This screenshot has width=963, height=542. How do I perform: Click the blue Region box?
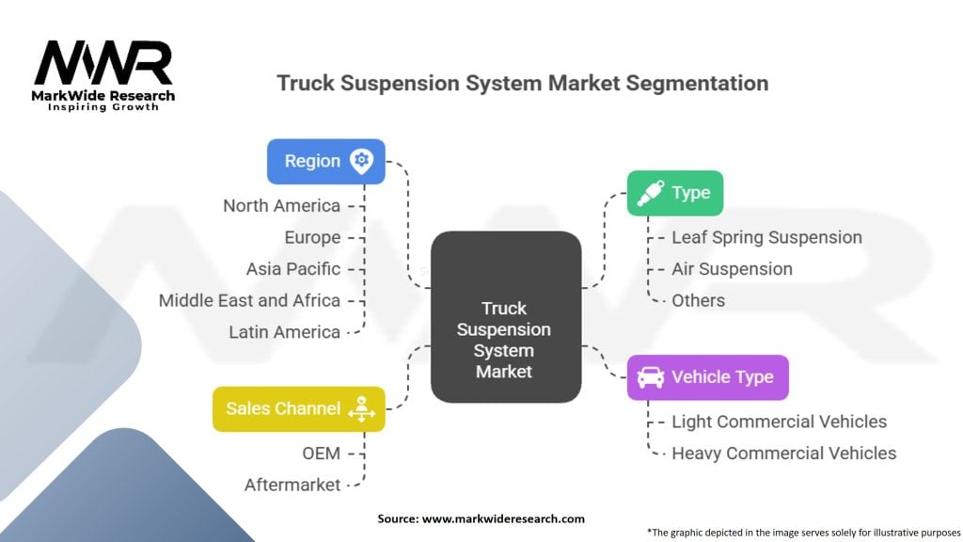(x=325, y=161)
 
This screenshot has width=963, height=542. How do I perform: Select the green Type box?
(x=674, y=193)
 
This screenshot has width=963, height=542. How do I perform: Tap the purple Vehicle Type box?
(x=707, y=377)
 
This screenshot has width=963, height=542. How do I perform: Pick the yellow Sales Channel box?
(x=298, y=408)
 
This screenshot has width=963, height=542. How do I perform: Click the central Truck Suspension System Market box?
(x=505, y=317)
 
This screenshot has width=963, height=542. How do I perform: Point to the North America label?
(x=281, y=205)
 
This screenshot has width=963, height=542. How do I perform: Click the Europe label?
(x=312, y=237)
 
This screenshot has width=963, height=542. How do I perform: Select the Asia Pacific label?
(x=293, y=268)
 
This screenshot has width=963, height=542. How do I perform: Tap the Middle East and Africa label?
(x=249, y=300)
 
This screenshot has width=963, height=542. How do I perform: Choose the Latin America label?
(x=284, y=331)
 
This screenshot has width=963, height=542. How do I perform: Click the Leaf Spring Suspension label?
(x=766, y=237)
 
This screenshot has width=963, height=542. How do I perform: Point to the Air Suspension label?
(x=732, y=268)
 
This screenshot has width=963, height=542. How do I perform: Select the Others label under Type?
(x=698, y=300)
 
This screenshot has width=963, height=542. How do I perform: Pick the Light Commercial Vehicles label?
(x=779, y=422)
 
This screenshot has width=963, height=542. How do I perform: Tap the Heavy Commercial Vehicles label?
(x=783, y=453)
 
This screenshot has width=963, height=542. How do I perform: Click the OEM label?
(x=321, y=453)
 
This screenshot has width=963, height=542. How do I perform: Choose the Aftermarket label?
(x=292, y=485)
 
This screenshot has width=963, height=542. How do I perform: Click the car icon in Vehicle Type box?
(x=650, y=377)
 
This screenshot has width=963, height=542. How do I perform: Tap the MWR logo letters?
(x=103, y=64)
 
